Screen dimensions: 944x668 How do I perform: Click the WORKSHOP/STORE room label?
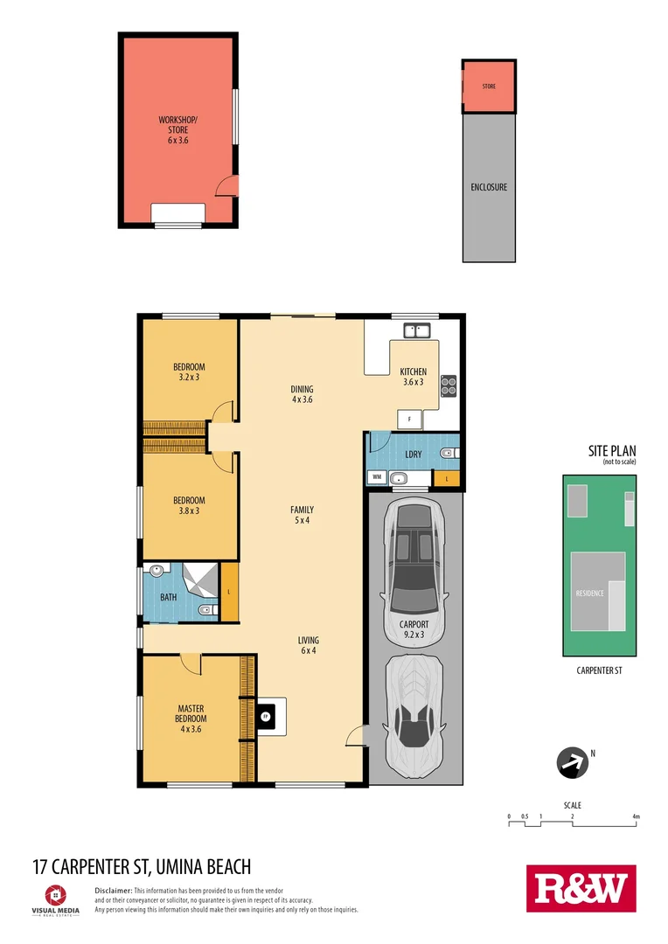pyautogui.click(x=177, y=129)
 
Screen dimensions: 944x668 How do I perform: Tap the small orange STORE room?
pyautogui.click(x=488, y=87)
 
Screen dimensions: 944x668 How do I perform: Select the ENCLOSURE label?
pyautogui.click(x=489, y=187)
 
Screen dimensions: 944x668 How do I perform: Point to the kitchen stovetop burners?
pyautogui.click(x=449, y=385)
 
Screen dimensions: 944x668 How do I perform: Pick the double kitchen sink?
pyautogui.click(x=415, y=330)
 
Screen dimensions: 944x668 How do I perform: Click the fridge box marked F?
pyautogui.click(x=410, y=420)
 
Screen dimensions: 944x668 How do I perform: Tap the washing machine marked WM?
pyautogui.click(x=377, y=477)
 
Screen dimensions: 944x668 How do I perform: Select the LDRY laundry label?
pyautogui.click(x=414, y=455)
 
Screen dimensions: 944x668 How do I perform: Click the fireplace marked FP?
pyautogui.click(x=265, y=717)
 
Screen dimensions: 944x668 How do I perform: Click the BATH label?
pyautogui.click(x=168, y=598)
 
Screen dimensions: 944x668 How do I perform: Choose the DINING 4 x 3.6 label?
pyautogui.click(x=302, y=394)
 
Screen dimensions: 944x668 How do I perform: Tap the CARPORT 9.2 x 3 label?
pyautogui.click(x=414, y=629)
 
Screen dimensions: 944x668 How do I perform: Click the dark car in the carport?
pyautogui.click(x=414, y=559)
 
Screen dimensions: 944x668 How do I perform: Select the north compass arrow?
pyautogui.click(x=573, y=762)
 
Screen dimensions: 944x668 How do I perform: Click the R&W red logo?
pyautogui.click(x=581, y=888)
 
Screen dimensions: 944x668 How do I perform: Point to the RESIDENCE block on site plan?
pyautogui.click(x=590, y=593)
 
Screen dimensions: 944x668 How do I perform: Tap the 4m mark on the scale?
pyautogui.click(x=636, y=817)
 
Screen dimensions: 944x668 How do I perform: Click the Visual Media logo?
pyautogui.click(x=55, y=898)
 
